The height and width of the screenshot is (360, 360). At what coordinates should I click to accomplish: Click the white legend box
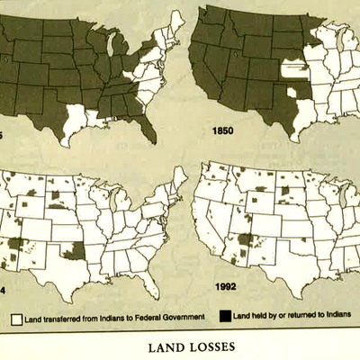(14, 317)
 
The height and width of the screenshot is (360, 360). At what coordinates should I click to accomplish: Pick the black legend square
(224, 316)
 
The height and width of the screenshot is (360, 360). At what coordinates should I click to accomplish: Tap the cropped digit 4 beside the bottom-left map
(4, 292)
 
